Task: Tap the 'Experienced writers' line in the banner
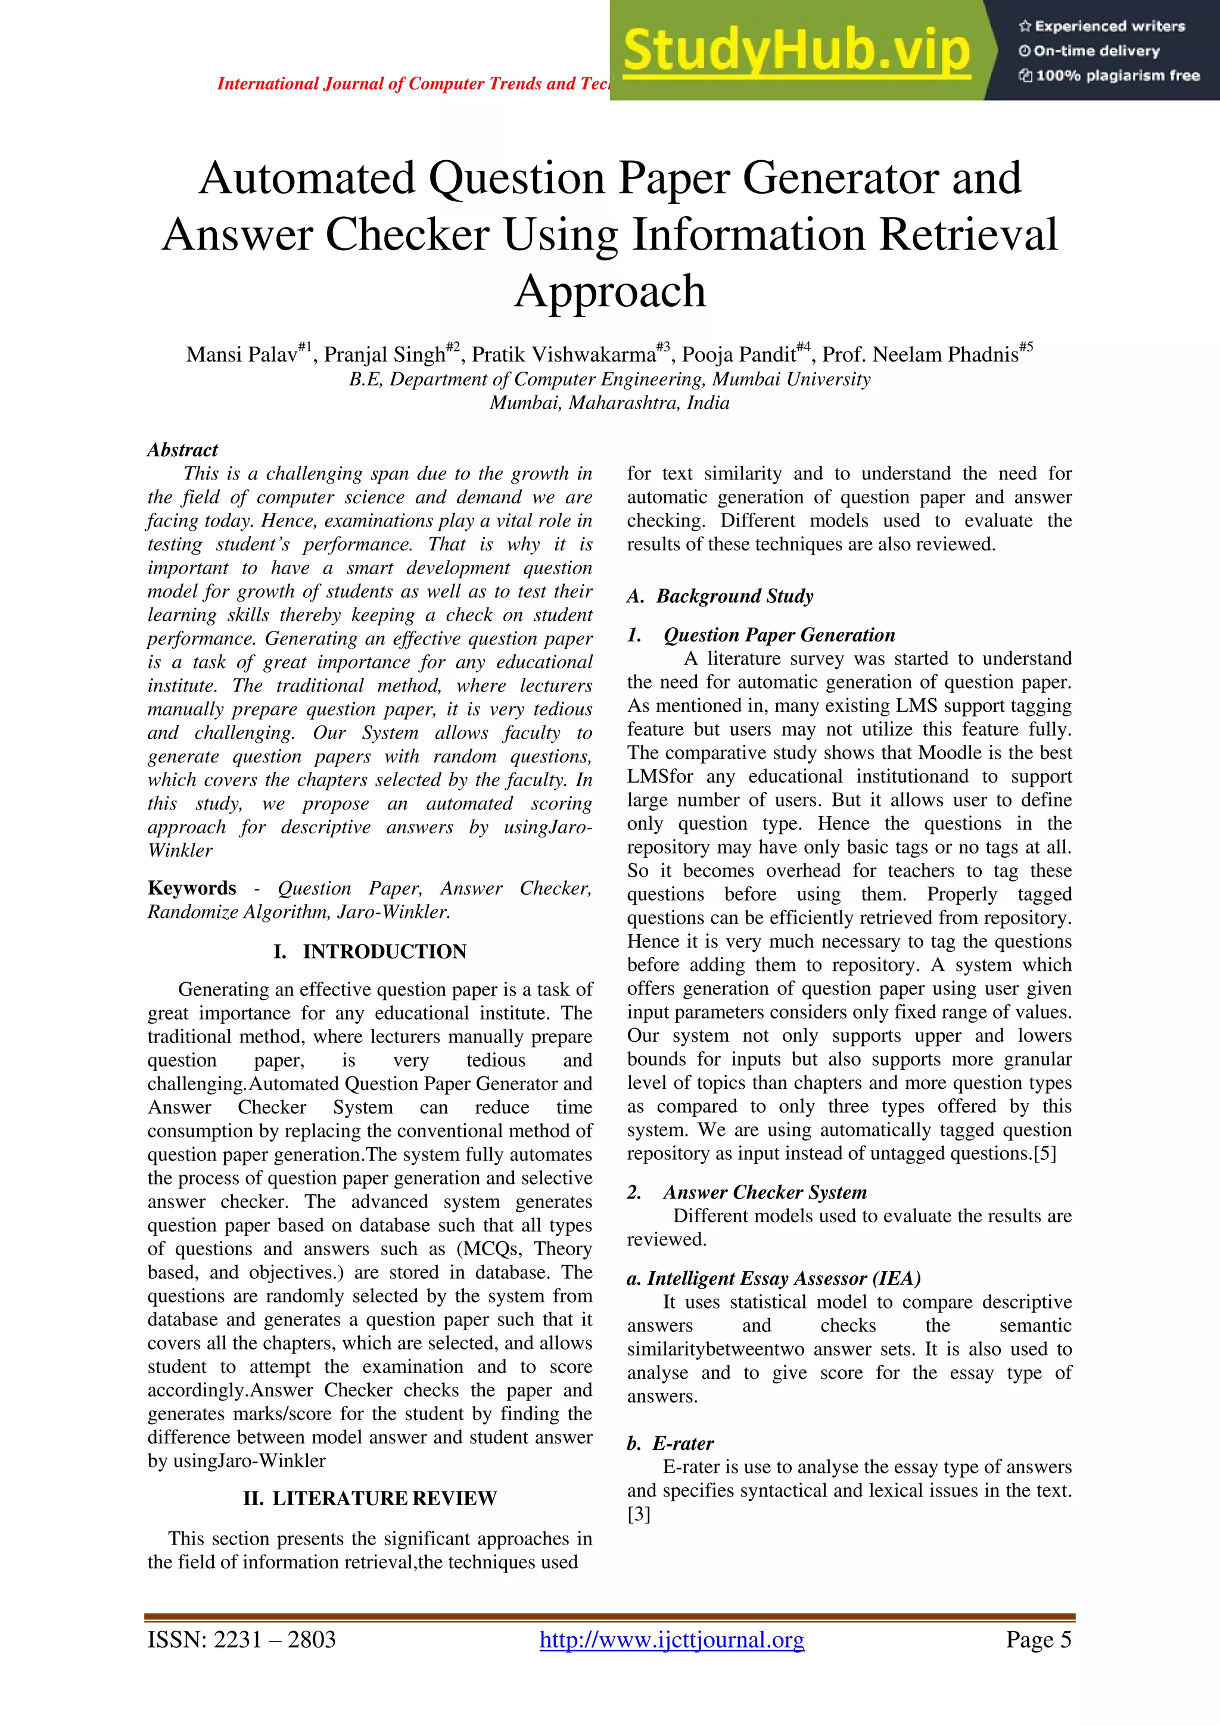pos(1102,26)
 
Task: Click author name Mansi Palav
pos(242,354)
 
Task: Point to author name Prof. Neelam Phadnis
pos(920,354)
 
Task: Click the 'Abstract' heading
pos(182,450)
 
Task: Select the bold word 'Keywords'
pos(192,888)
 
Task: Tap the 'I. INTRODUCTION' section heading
pos(369,952)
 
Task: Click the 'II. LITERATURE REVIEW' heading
pos(369,1498)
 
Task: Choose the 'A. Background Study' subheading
pos(720,596)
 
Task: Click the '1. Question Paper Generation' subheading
pos(761,635)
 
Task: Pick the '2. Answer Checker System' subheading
pos(747,1192)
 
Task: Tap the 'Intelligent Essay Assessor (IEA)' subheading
pos(774,1278)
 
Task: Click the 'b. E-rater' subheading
pos(670,1443)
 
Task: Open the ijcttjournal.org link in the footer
pos(671,1639)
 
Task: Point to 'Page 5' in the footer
pos(1038,1639)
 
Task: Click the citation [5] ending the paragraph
pos(1044,1154)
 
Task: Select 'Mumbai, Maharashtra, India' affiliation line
pos(609,403)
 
